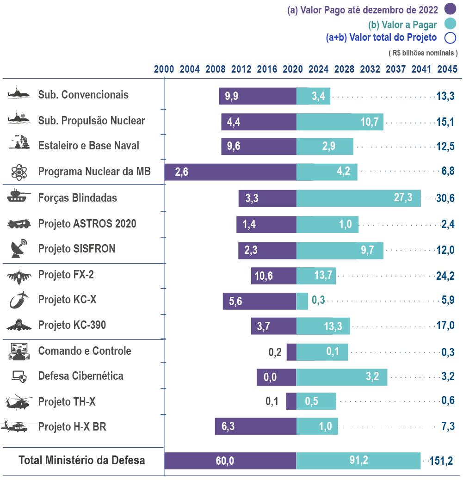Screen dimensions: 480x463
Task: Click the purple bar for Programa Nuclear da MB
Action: pyautogui.click(x=230, y=172)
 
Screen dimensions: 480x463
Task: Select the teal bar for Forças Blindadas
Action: pyautogui.click(x=358, y=198)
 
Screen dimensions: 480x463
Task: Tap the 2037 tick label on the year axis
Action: pyautogui.click(x=396, y=69)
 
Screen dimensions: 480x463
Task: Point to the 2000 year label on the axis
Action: pyautogui.click(x=164, y=69)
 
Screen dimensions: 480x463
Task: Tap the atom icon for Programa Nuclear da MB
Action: pyautogui.click(x=19, y=172)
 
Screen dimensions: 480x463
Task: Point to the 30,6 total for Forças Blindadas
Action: pyautogui.click(x=445, y=198)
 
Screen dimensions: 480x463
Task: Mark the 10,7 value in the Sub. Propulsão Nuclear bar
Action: pyautogui.click(x=370, y=122)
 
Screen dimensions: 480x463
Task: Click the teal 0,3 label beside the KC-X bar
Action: pyautogui.click(x=318, y=301)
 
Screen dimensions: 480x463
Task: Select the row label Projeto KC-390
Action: pyautogui.click(x=72, y=325)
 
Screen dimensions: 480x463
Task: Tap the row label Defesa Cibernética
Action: pyautogui.click(x=80, y=375)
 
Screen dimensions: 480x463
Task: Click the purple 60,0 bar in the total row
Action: pyautogui.click(x=230, y=461)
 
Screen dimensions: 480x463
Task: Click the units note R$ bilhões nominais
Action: pyautogui.click(x=423, y=53)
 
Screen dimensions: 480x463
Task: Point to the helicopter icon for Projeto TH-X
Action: pyautogui.click(x=18, y=401)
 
